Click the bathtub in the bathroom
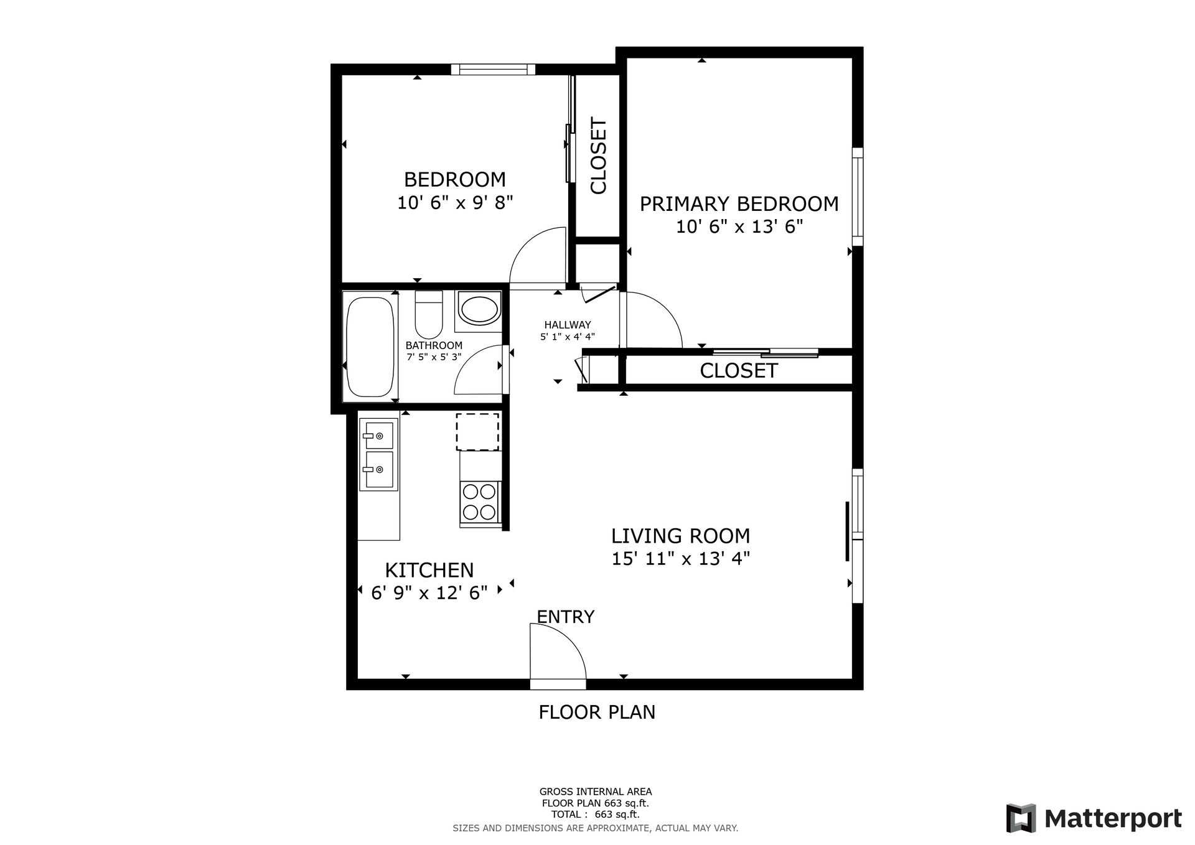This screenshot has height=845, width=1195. click(370, 347)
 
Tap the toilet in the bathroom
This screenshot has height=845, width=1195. click(428, 314)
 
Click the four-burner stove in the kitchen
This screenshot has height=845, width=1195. click(480, 502)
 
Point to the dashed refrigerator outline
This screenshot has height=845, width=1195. click(477, 431)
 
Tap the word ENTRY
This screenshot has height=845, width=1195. click(565, 617)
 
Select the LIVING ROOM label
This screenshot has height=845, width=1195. click(680, 536)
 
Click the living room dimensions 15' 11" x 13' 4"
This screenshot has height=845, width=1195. click(680, 558)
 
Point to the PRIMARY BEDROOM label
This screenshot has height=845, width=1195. click(739, 204)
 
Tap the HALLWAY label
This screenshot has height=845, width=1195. click(568, 325)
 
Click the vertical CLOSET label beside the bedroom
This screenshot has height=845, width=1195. click(598, 156)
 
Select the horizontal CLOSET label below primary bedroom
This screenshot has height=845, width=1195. click(739, 371)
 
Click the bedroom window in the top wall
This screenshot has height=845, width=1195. click(493, 69)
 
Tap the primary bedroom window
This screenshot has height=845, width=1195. click(858, 197)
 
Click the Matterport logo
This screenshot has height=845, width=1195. click(1094, 818)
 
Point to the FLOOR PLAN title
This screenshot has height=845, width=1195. click(597, 712)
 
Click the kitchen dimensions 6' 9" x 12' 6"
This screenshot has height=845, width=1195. click(429, 592)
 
